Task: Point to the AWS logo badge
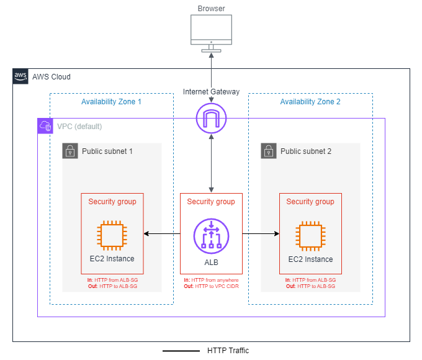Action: [x=20, y=76]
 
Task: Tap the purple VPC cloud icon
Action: [x=45, y=126]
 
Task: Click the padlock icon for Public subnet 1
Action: [x=70, y=151]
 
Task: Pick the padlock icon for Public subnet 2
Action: [x=269, y=151]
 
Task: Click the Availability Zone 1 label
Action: [x=111, y=102]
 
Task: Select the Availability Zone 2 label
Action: [x=310, y=102]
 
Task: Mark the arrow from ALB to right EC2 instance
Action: [x=261, y=234]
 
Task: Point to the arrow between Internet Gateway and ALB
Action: [x=211, y=161]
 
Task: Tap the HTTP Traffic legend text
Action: [x=228, y=351]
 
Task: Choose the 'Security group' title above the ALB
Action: [x=211, y=202]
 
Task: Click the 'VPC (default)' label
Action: [x=79, y=127]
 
